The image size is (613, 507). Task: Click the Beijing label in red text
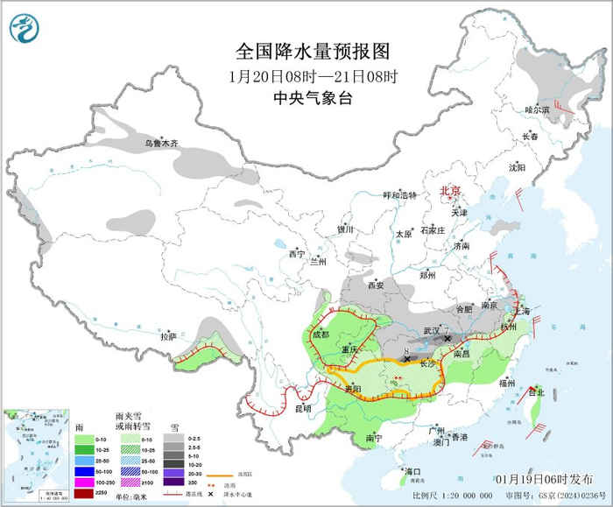(x=449, y=190)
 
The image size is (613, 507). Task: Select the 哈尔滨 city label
(x=536, y=109)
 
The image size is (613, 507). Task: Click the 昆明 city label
(x=302, y=409)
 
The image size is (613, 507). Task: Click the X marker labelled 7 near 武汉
(x=447, y=338)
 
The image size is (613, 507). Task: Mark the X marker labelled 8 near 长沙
(x=407, y=359)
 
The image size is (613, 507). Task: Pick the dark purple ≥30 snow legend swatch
(x=177, y=482)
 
